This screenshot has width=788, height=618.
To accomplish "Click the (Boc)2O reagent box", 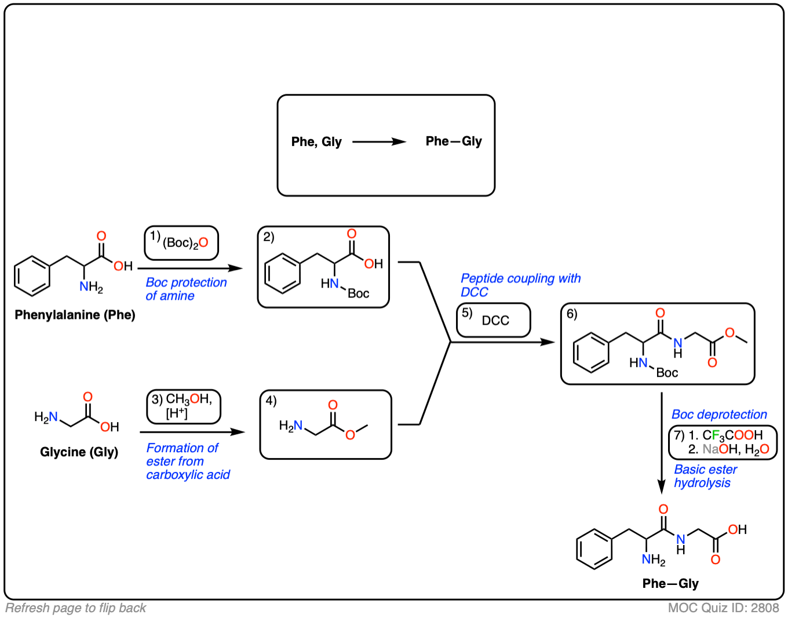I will click(x=181, y=243).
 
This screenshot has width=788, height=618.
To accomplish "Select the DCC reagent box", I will click(x=494, y=320).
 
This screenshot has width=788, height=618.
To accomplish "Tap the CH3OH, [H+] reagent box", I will click(x=184, y=406).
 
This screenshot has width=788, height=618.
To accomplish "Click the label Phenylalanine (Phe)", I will click(x=75, y=315).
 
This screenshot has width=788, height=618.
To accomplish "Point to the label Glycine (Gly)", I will click(x=79, y=452).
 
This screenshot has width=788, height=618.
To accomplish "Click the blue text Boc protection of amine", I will click(x=185, y=289).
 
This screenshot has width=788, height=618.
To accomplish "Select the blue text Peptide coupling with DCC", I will click(x=520, y=285).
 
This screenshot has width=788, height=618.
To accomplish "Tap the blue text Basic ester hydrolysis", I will click(x=705, y=476).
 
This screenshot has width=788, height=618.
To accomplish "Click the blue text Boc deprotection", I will click(x=719, y=415).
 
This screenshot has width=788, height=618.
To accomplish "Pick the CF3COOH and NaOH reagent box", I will click(x=723, y=442).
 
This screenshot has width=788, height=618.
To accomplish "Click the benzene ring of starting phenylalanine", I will click(x=32, y=275).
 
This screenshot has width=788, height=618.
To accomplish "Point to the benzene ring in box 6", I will click(x=591, y=352).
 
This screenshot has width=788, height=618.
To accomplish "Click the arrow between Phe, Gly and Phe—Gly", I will click(x=379, y=141).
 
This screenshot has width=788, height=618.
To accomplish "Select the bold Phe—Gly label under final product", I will click(x=670, y=583).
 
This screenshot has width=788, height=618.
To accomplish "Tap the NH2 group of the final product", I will click(x=653, y=559).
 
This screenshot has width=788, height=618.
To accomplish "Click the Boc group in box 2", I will click(x=359, y=293).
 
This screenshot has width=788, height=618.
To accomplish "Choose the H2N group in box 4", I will click(x=290, y=426).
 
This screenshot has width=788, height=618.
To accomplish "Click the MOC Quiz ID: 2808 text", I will click(x=723, y=608).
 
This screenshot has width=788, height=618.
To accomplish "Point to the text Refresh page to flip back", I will click(x=76, y=608).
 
